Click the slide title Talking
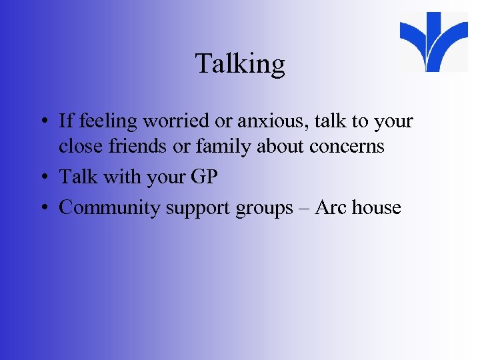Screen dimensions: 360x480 pyautogui.click(x=240, y=65)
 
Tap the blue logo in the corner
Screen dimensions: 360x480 pyautogui.click(x=434, y=41)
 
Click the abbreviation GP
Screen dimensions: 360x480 pyautogui.click(x=203, y=177)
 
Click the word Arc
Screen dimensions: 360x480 pyautogui.click(x=330, y=207)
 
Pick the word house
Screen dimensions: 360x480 pyautogui.click(x=377, y=207)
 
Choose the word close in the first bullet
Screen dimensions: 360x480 pyautogui.click(x=80, y=147)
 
